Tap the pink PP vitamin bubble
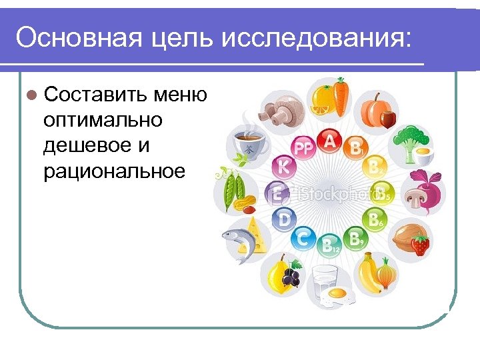click(303, 149)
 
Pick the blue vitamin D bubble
click(285, 218)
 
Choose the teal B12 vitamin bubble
click(330, 245)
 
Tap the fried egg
click(337, 293)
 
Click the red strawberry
click(419, 245)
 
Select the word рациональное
click(113, 172)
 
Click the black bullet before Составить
click(31, 96)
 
